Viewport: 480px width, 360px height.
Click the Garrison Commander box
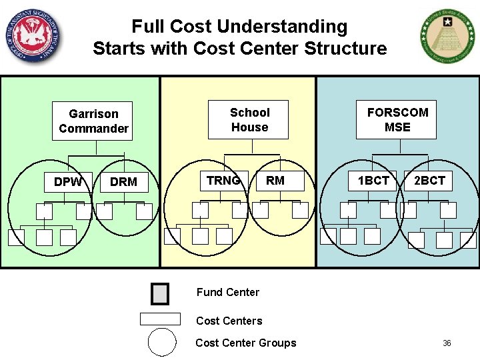93,121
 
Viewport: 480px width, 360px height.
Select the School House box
249,120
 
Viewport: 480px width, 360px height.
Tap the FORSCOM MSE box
397,120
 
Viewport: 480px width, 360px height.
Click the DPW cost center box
68,182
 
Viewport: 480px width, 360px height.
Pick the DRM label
123,182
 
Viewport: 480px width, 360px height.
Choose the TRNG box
223,181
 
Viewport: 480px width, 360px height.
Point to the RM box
275,181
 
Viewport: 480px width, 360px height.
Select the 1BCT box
373,181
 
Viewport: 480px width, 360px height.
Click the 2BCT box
429,181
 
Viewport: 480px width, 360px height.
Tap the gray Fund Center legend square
160,294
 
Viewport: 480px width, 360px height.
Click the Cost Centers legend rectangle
160,319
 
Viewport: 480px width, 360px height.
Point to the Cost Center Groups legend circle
162,343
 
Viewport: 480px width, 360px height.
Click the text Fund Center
227,292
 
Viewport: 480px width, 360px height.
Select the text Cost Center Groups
245,343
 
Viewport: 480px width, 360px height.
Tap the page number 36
447,343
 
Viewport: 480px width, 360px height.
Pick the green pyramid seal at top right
447,37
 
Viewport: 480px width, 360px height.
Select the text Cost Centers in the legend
229,321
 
